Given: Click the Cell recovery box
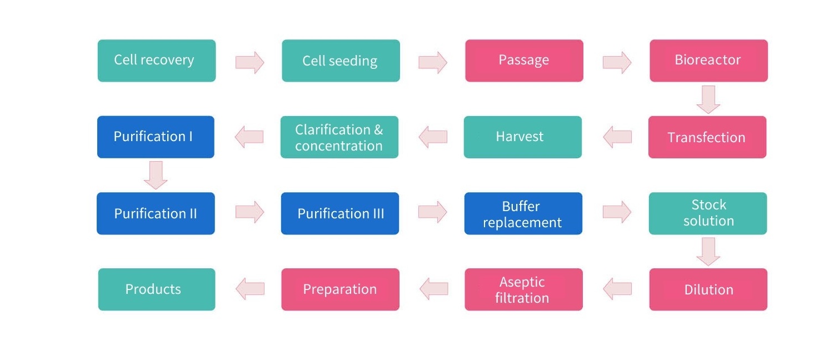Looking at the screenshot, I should [x=156, y=61].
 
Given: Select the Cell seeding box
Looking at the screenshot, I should [x=341, y=61].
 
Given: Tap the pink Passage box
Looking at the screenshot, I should [x=524, y=61].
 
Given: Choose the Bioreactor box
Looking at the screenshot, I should [x=708, y=61].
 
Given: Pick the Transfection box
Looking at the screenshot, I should [x=707, y=137].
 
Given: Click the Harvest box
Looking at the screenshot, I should [x=522, y=137].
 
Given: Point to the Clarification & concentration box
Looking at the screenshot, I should [x=339, y=137].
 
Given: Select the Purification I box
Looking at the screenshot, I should [x=156, y=137].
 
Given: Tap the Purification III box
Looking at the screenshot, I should [x=340, y=213].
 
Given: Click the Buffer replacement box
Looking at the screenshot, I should [x=523, y=213].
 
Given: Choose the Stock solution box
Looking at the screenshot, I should [x=708, y=213].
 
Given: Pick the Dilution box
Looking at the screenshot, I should [x=708, y=289].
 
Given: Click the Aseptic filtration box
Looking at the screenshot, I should [x=523, y=289].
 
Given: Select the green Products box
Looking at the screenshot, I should [x=156, y=289].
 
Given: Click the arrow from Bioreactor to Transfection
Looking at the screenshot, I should [x=708, y=99].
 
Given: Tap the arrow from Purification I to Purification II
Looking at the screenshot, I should [x=156, y=175].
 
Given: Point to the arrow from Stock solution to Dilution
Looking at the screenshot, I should [x=708, y=251].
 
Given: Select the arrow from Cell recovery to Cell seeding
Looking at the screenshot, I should [x=249, y=62].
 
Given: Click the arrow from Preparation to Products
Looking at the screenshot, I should [x=250, y=289].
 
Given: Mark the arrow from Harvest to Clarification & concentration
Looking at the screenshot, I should [x=433, y=137].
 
